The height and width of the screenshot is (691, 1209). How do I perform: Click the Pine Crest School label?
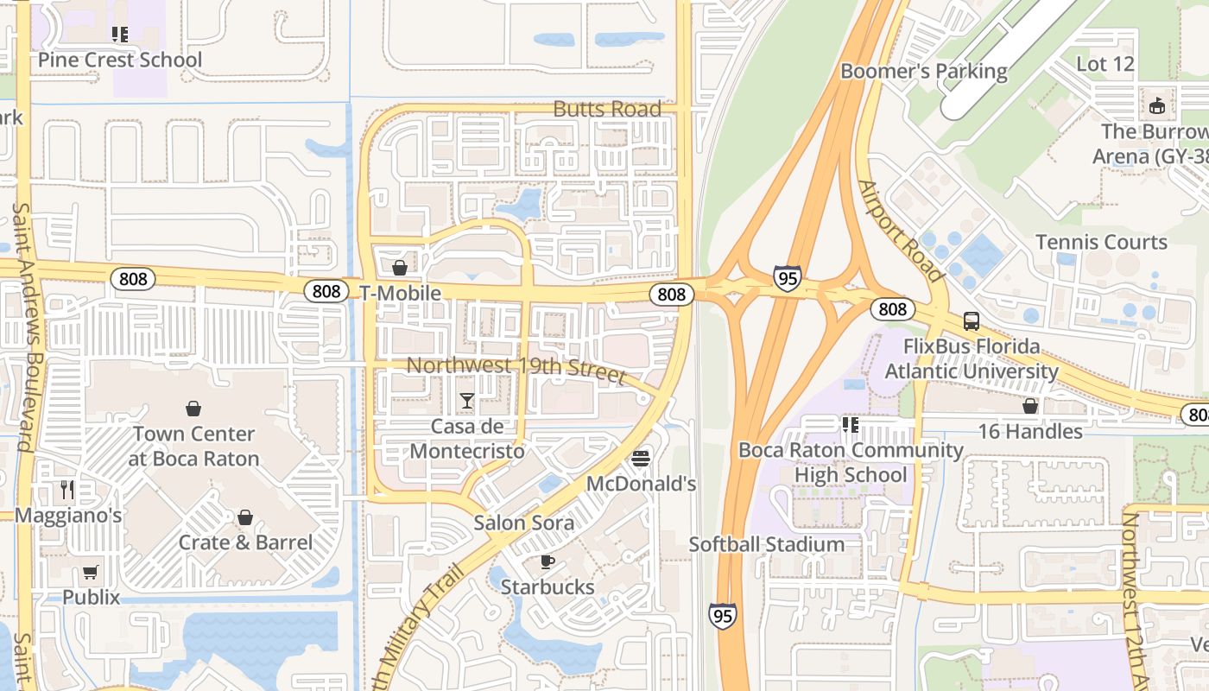point(119,60)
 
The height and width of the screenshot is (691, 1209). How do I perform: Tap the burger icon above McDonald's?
point(640,458)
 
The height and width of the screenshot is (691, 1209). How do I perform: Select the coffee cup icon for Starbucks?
point(547,561)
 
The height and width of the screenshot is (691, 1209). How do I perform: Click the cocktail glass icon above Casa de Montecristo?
point(466,400)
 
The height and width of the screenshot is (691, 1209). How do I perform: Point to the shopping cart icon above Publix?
point(91,572)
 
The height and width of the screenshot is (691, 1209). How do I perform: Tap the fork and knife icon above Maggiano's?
point(67,490)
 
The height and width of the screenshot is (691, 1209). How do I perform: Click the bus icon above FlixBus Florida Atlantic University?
point(971,321)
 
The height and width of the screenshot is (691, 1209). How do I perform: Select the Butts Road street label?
point(607,109)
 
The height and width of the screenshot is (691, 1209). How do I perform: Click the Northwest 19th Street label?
point(516,369)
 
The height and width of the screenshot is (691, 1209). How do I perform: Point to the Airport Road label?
point(902,231)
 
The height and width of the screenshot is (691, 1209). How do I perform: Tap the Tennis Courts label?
point(1101,242)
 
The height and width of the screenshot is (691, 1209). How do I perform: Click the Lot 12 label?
point(1105,64)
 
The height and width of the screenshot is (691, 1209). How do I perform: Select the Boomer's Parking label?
point(923,71)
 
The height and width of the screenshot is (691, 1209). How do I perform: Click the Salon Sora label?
point(523,523)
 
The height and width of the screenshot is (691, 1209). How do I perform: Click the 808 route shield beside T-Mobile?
point(326,291)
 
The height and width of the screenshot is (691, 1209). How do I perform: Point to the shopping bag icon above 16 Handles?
point(1029,405)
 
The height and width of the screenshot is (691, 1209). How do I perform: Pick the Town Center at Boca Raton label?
point(193,446)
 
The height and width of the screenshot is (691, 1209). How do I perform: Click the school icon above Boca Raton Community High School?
point(850,424)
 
